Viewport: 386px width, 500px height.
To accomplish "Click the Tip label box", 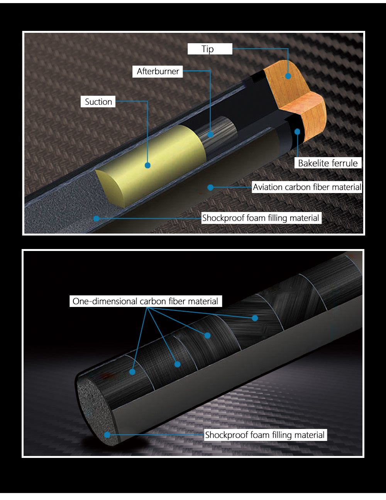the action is tap(210, 49).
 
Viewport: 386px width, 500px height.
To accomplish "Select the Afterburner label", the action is tap(157, 71).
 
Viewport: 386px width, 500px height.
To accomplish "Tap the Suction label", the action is tap(98, 102).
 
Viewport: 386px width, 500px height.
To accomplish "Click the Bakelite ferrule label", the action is tap(328, 163).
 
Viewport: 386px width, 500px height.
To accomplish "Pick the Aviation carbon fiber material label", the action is tap(307, 187).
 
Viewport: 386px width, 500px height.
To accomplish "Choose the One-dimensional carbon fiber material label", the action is tap(146, 301).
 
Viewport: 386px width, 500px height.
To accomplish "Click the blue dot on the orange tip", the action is tap(288, 76).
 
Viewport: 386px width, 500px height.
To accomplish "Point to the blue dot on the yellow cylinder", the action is tap(148, 165).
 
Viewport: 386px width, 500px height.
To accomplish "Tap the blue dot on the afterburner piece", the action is tap(210, 134).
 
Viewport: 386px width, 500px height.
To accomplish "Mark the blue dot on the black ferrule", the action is tap(297, 132).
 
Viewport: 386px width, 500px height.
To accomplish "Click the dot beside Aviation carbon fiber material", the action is tap(210, 188).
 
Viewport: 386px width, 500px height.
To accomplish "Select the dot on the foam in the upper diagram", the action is tap(96, 219).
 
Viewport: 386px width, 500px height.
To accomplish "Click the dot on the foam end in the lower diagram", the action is tap(107, 435).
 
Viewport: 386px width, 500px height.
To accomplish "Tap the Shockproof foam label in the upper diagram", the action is tap(261, 218).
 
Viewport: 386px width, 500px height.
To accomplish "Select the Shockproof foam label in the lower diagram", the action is tap(265, 435).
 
